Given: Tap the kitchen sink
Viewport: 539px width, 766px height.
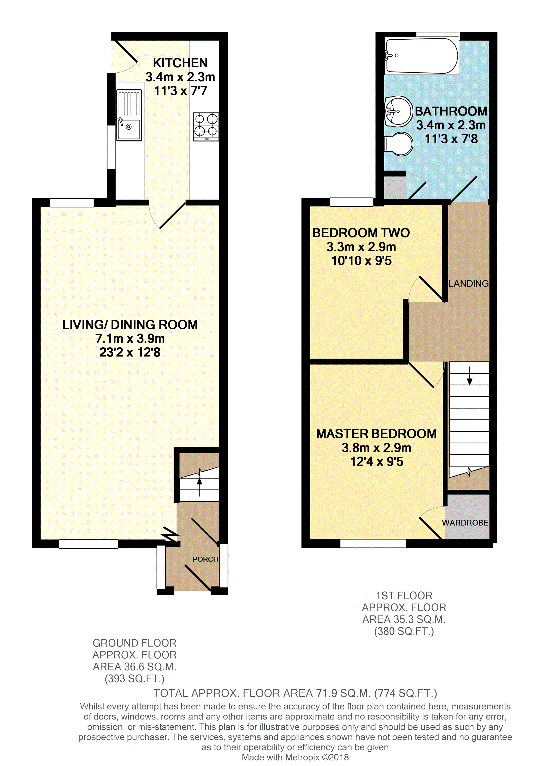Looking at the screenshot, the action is click(x=129, y=115).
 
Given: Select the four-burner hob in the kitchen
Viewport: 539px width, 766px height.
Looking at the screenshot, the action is click(x=206, y=127).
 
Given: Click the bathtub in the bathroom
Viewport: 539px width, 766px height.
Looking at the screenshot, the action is click(x=422, y=56).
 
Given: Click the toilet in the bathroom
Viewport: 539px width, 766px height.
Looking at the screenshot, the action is click(x=399, y=144).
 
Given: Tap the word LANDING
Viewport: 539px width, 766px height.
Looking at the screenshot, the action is click(x=468, y=284).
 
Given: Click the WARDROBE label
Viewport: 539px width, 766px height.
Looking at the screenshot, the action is click(x=465, y=523).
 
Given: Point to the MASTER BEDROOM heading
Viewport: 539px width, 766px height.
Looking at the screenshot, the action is click(x=376, y=434).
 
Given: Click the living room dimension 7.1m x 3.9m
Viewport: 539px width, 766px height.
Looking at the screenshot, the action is click(x=130, y=338).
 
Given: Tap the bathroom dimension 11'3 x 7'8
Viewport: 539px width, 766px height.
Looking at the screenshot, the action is click(x=451, y=139).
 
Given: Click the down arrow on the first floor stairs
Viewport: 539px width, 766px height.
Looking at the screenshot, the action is click(x=470, y=376).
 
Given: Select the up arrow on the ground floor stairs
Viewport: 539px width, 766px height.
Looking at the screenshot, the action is click(x=199, y=487).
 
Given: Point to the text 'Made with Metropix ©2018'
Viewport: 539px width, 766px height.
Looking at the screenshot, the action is click(x=295, y=757).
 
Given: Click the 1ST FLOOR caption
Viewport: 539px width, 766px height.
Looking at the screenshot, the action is click(x=404, y=596).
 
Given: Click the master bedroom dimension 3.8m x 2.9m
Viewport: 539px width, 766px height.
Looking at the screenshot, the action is click(x=376, y=448).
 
